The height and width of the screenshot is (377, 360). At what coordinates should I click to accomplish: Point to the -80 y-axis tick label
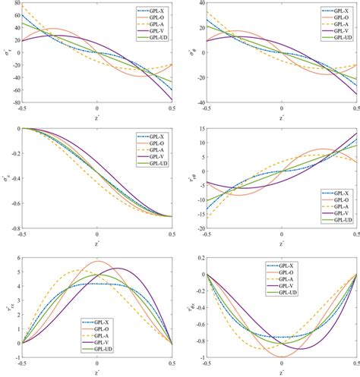coord(14,102)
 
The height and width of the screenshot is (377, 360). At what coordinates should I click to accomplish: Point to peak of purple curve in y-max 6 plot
coord(118,268)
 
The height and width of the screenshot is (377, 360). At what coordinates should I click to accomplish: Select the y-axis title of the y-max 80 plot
coord(5,53)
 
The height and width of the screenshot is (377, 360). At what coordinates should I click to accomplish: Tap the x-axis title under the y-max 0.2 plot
coord(283,372)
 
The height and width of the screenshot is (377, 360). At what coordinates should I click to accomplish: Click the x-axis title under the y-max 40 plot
coord(283,118)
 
